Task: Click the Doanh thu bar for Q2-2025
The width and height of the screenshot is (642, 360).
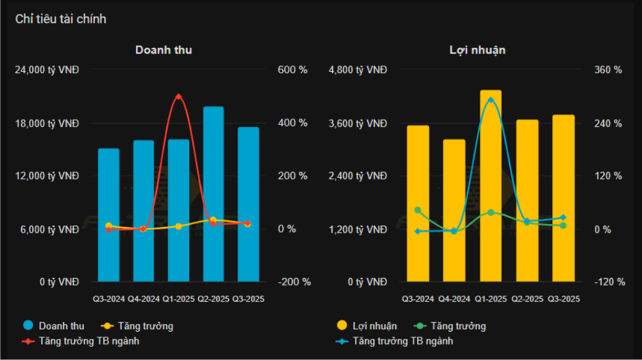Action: (213, 194)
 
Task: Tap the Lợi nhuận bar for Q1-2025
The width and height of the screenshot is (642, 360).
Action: (490, 187)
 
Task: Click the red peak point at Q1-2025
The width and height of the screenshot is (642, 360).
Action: (178, 96)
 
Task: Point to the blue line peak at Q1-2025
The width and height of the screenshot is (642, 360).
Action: (490, 99)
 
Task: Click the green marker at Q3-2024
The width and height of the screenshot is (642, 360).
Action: (418, 211)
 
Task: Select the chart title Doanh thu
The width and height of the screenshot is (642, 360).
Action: (164, 50)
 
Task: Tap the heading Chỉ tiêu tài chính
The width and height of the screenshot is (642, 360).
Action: (61, 19)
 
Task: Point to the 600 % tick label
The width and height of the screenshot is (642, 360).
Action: (293, 70)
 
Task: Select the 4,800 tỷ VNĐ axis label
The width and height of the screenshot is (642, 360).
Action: (358, 70)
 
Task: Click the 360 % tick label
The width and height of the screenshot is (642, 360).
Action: (608, 70)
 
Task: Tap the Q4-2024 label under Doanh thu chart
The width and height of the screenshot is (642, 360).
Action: (143, 300)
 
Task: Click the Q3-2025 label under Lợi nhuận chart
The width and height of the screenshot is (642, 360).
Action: (564, 300)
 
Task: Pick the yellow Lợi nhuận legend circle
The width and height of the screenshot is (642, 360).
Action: (342, 326)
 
